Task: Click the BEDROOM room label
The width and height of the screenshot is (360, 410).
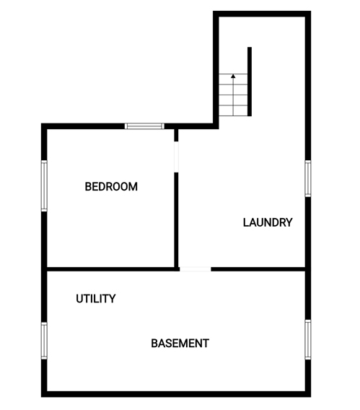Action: pyautogui.click(x=111, y=187)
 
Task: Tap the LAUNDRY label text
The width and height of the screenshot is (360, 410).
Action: pyautogui.click(x=268, y=222)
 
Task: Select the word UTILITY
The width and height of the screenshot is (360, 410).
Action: pyautogui.click(x=96, y=299)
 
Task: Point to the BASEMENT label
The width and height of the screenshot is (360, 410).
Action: pyautogui.click(x=180, y=344)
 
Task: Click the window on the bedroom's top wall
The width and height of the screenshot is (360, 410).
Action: pyautogui.click(x=144, y=126)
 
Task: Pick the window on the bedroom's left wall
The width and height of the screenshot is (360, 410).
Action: pyautogui.click(x=44, y=186)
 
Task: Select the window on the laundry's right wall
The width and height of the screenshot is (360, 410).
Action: pyautogui.click(x=308, y=178)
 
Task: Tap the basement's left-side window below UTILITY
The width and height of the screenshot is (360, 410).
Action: pyautogui.click(x=44, y=341)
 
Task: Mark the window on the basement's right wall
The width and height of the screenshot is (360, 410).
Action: pyautogui.click(x=308, y=339)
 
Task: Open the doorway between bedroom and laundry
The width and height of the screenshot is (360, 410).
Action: pyautogui.click(x=176, y=157)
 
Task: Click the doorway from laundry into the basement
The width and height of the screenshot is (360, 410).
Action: pyautogui.click(x=196, y=269)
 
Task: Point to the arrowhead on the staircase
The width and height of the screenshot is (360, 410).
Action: pyautogui.click(x=233, y=76)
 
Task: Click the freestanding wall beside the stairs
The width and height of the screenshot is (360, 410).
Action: pyautogui.click(x=250, y=82)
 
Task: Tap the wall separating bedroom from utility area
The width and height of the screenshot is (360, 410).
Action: pyautogui.click(x=111, y=269)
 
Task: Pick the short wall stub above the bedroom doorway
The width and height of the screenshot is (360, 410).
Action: pyautogui.click(x=176, y=136)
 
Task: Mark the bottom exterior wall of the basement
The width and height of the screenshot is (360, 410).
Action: pyautogui.click(x=176, y=394)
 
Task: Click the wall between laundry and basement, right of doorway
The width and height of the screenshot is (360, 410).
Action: pyautogui.click(x=258, y=269)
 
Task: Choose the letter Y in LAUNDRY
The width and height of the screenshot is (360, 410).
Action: pyautogui.click(x=289, y=222)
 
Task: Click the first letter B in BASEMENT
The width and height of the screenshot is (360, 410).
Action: pyautogui.click(x=154, y=344)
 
